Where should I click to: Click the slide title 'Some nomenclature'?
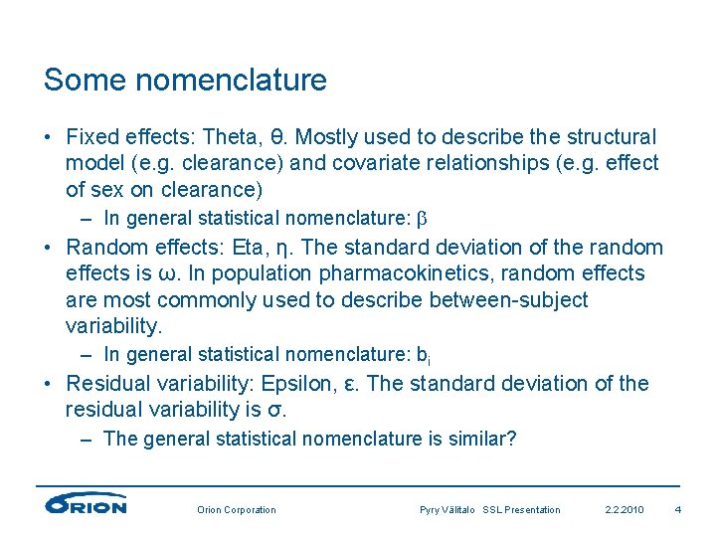coord(185,80)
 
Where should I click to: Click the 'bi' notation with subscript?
coord(423,355)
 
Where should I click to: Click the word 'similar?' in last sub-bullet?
coord(480,439)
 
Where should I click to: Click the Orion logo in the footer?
coord(87,504)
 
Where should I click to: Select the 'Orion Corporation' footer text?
coord(237,510)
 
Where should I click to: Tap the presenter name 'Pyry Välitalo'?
coord(448,510)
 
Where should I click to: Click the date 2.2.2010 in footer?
coord(625,510)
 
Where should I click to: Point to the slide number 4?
coord(677,510)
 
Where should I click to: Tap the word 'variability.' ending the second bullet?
coord(113,325)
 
